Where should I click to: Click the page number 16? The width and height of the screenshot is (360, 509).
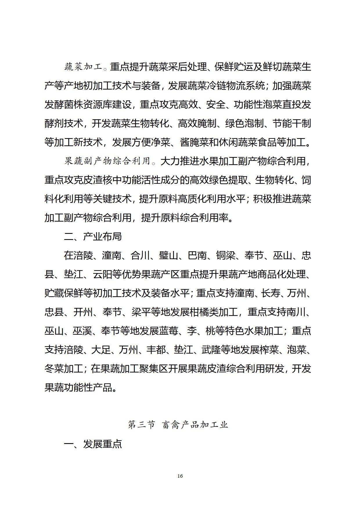point(180,476)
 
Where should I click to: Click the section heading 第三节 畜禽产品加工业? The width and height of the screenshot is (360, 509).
point(178,425)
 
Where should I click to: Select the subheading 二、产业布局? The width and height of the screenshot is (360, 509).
point(93,237)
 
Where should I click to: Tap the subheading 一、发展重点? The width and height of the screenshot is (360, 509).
point(93,444)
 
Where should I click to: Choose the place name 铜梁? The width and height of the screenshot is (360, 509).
point(225,255)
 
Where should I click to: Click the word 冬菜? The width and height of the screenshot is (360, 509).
point(54,369)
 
